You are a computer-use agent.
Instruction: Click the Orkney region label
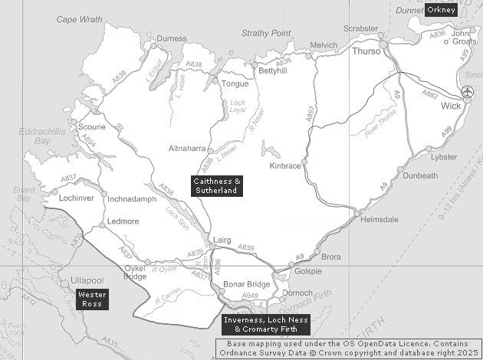(x=441, y=10)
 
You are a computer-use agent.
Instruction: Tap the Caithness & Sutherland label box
(x=217, y=186)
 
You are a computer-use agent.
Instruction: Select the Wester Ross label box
(x=92, y=299)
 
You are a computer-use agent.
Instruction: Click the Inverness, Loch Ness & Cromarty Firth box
(x=265, y=325)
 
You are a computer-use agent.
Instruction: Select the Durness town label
(x=171, y=38)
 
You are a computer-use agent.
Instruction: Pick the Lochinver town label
(x=76, y=198)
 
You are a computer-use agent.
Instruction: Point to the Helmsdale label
(x=379, y=219)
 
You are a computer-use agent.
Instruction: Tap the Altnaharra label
(x=185, y=149)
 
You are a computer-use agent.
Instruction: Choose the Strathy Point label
(x=266, y=33)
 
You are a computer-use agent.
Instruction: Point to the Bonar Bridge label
(x=246, y=285)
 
